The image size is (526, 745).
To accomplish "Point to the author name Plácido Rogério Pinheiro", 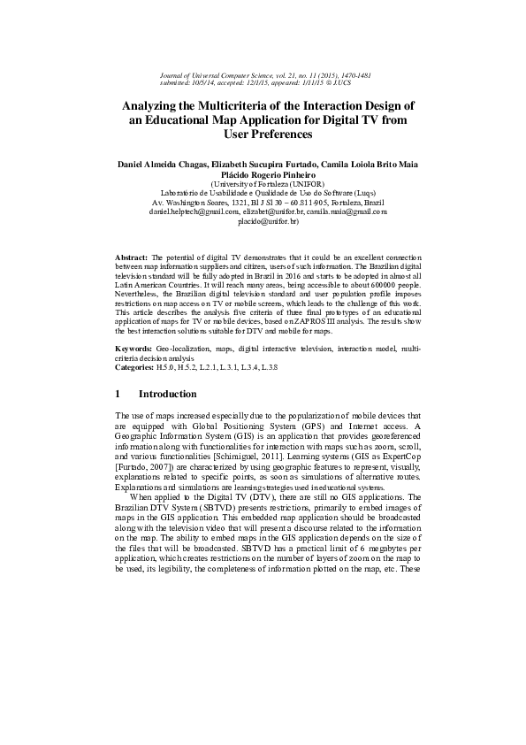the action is tap(263, 175).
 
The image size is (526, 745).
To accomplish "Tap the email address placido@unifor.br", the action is tap(263, 223).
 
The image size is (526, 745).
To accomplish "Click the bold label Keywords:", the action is tap(134, 350).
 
